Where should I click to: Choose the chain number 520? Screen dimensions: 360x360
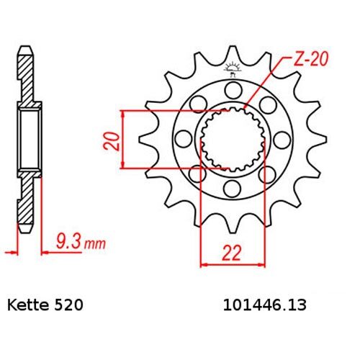[x=71, y=305]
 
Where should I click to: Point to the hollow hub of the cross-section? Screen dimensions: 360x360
[x=27, y=140]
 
